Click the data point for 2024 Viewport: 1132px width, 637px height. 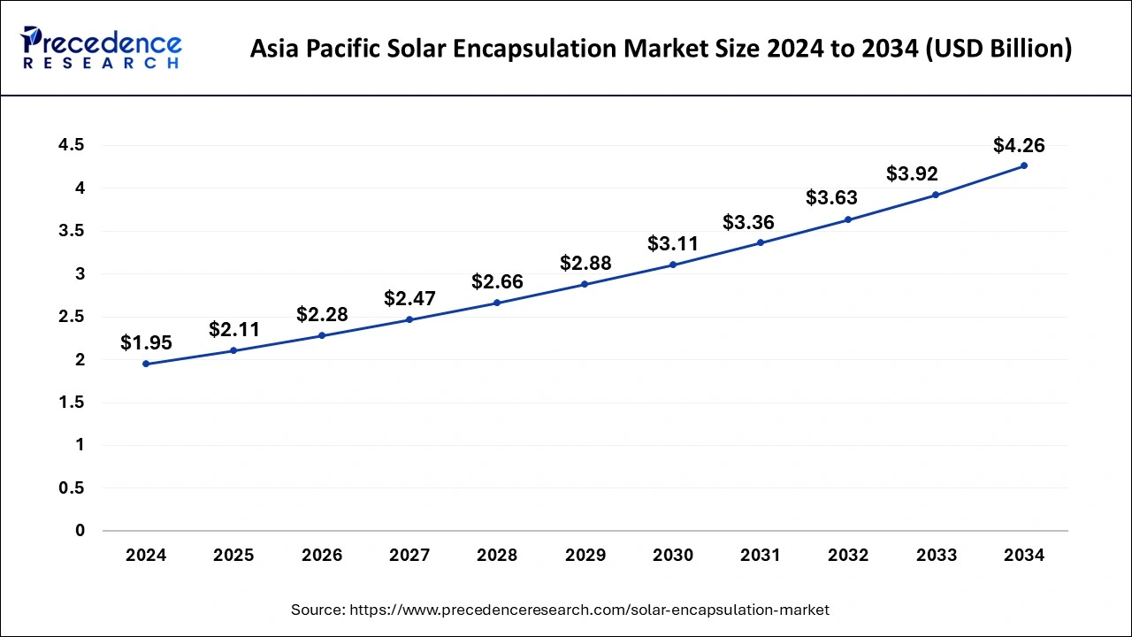(x=146, y=364)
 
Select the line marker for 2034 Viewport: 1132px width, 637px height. (x=1024, y=165)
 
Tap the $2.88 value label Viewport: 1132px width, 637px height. (x=585, y=263)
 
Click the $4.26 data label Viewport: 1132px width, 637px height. (x=1019, y=144)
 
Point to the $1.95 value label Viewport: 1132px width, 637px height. (x=146, y=342)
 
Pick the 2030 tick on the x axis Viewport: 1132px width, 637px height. (x=673, y=556)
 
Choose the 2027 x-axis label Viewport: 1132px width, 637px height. (x=409, y=556)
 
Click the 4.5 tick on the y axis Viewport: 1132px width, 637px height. (x=73, y=145)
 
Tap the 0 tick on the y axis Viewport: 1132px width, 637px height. (x=80, y=531)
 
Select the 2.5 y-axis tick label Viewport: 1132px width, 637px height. (x=73, y=317)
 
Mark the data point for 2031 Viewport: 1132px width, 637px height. (x=761, y=242)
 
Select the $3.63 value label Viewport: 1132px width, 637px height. (x=831, y=198)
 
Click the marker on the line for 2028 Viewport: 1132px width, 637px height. (x=497, y=303)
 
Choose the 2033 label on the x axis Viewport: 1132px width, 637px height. (x=937, y=556)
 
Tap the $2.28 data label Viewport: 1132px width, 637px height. (x=322, y=314)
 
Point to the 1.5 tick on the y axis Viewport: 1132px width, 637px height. (x=73, y=403)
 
